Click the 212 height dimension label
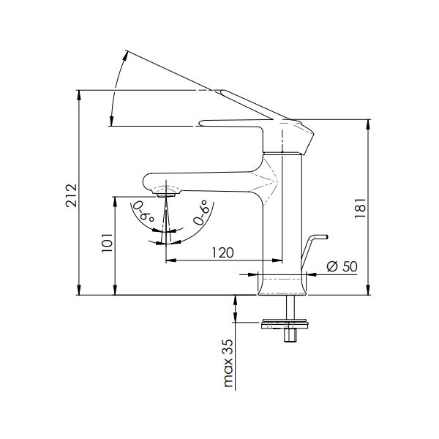(71, 195)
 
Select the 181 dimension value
(360, 208)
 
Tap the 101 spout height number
(107, 242)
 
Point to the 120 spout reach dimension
(222, 252)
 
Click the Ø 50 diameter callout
(342, 266)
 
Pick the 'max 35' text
(228, 363)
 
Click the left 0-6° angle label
(143, 211)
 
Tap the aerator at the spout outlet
(166, 195)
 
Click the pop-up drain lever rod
(312, 250)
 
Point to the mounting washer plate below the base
(285, 325)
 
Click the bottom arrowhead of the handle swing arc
(111, 121)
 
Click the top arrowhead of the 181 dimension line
(369, 124)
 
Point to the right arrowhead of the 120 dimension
(277, 260)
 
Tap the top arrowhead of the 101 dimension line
(115, 201)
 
